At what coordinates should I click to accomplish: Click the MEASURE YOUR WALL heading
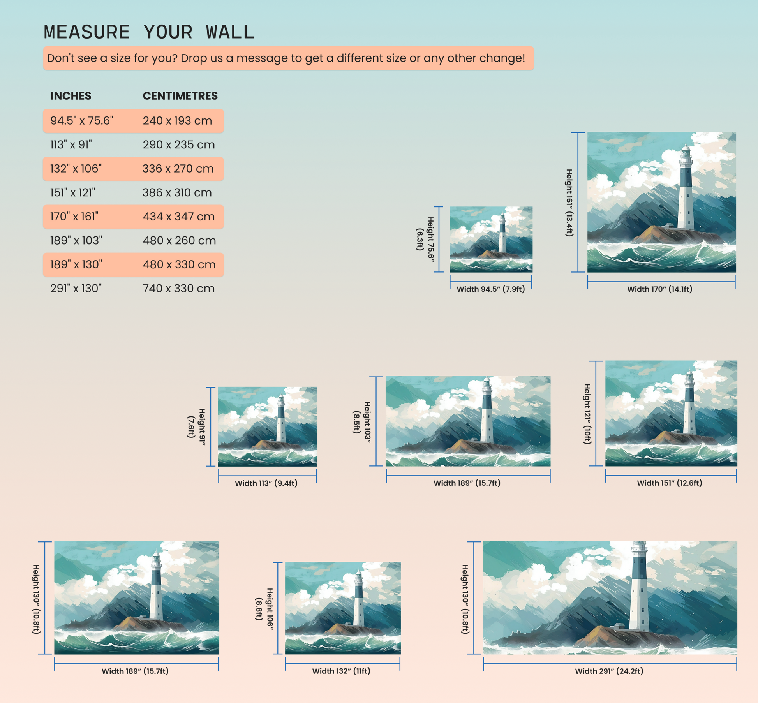149,32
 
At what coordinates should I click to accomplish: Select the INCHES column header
71,96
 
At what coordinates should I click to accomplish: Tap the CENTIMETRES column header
180,96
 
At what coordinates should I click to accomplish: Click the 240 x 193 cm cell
177,121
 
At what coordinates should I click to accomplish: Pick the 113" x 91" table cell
71,145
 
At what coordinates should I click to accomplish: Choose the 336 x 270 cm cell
178,169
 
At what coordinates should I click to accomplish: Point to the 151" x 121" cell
72,193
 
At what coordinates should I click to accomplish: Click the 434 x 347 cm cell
179,217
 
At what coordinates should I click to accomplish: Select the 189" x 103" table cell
76,241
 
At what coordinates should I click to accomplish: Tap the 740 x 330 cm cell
179,289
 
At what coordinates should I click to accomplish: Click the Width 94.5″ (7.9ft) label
491,289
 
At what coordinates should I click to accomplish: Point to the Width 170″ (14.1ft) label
660,289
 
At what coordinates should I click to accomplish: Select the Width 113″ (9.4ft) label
266,483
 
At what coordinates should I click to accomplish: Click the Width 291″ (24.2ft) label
609,671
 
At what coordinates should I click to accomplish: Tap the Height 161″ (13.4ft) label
569,203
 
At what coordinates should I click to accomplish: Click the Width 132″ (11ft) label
341,671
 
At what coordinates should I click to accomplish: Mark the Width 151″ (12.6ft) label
670,483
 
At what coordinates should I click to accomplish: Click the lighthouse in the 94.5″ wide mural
502,233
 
